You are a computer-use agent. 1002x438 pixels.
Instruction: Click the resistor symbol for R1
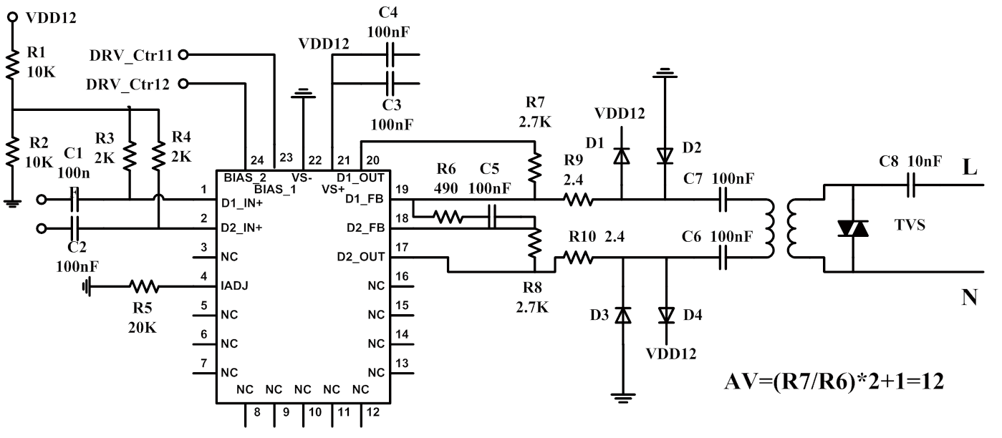click(x=12, y=64)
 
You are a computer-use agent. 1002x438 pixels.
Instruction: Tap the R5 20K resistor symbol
click(x=143, y=286)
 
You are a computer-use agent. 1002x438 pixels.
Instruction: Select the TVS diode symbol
click(x=852, y=228)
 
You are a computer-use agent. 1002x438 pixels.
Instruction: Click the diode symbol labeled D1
click(x=622, y=156)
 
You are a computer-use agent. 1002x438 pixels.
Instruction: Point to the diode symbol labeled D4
click(x=666, y=315)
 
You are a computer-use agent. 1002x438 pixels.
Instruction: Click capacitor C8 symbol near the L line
click(x=911, y=185)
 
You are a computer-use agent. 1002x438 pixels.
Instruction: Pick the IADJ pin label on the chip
click(x=234, y=286)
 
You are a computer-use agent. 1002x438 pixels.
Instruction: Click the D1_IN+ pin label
click(x=242, y=203)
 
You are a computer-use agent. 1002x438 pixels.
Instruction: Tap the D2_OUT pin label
click(x=360, y=257)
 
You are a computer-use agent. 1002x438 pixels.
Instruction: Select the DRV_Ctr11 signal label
click(x=131, y=55)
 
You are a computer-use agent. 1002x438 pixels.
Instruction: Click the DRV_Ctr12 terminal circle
click(x=183, y=84)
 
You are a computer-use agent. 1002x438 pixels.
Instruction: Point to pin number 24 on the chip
click(x=257, y=160)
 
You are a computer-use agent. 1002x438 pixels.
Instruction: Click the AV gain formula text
click(x=834, y=381)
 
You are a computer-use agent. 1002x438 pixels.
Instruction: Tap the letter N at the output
click(x=969, y=297)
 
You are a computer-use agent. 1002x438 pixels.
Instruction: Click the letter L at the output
click(x=970, y=167)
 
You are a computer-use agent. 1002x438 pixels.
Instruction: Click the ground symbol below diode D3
click(x=622, y=398)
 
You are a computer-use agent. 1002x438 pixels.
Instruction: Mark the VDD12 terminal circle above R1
click(x=13, y=17)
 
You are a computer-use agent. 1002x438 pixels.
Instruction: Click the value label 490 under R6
click(x=446, y=188)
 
